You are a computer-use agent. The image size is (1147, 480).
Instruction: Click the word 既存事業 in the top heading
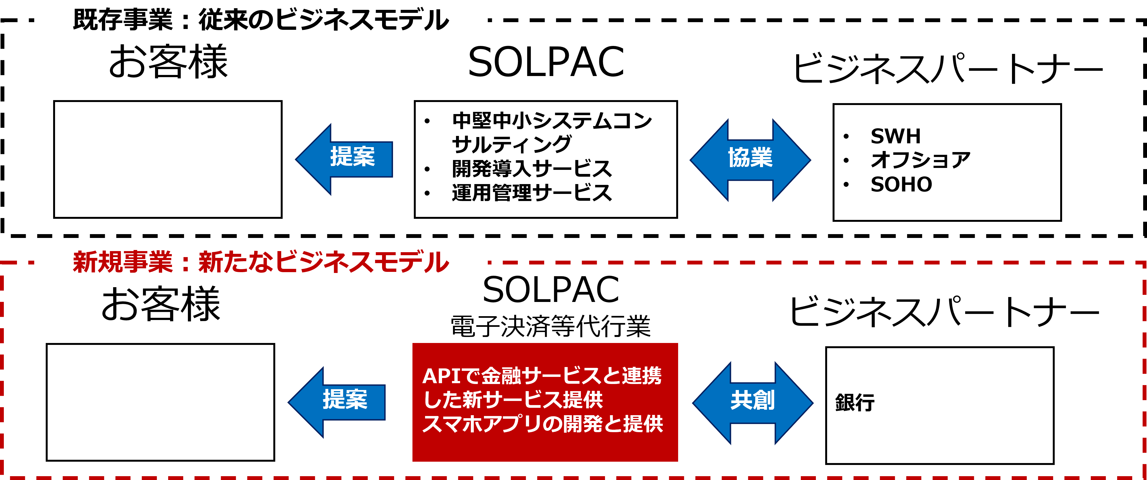[x=122, y=21]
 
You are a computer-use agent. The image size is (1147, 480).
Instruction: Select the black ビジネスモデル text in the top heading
[x=362, y=21]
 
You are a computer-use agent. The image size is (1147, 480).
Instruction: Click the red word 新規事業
[x=122, y=263]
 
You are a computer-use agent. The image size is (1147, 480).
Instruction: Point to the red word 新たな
[x=236, y=263]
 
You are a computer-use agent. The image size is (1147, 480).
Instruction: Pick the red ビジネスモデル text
[x=362, y=263]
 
